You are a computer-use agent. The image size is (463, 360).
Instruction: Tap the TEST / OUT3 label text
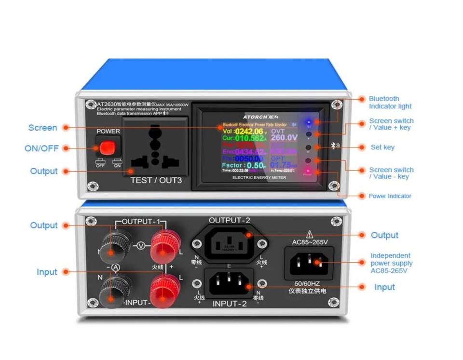[x=156, y=180]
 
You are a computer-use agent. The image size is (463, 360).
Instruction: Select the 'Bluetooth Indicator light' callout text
[x=390, y=102]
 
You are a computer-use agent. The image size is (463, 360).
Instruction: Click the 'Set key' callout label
[x=382, y=147]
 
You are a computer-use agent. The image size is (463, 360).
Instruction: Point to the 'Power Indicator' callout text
[x=390, y=196]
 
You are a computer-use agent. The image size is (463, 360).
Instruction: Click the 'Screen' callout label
[x=42, y=128]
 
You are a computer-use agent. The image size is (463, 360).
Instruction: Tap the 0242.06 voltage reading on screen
[x=249, y=131]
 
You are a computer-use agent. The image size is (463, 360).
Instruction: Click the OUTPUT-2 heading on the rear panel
[x=230, y=221]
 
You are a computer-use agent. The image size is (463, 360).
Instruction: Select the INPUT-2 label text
[x=230, y=304]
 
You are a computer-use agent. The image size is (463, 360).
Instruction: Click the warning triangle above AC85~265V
[x=310, y=233]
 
